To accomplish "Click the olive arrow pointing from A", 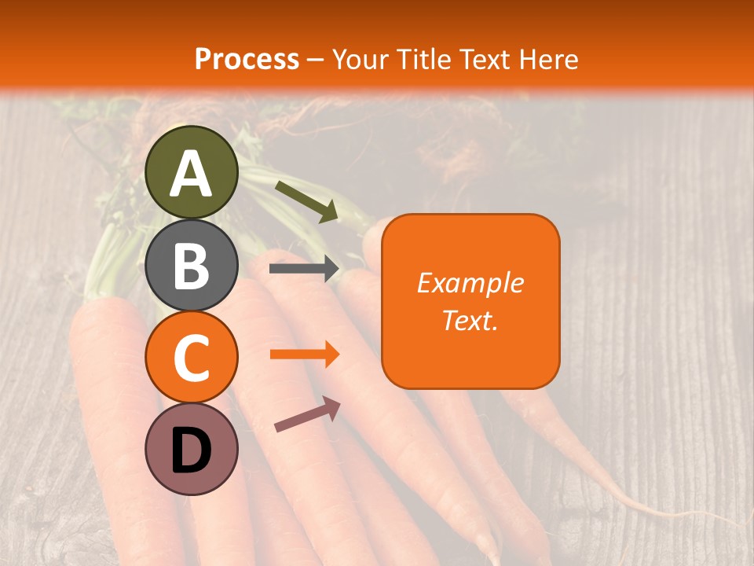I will coord(307,201).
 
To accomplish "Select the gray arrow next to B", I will coord(304,269).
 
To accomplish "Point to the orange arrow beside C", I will coord(304,355).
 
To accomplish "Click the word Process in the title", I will coord(247,59).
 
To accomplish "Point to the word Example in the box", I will coord(470,283).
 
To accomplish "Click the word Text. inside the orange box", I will coord(470,320).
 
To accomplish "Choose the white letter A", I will coord(192,175).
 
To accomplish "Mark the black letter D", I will coord(192,450).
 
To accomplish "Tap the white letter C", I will coord(192,358).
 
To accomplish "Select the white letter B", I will coord(192,266).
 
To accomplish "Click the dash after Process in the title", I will coord(316,60).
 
